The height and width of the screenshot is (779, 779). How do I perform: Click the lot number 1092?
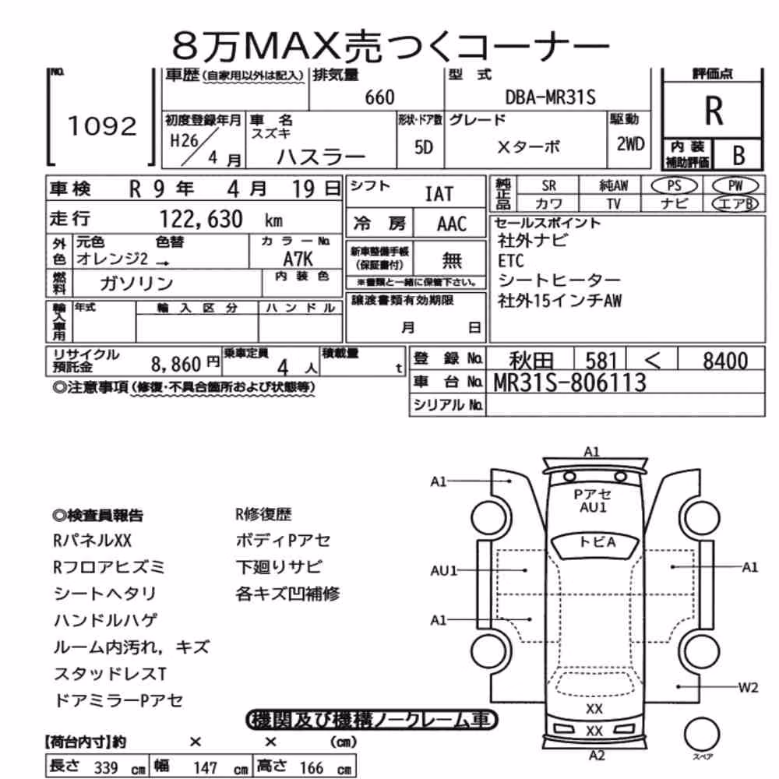tap(102, 125)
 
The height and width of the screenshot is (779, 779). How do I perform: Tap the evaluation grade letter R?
tap(714, 111)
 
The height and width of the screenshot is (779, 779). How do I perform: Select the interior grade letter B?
tap(738, 156)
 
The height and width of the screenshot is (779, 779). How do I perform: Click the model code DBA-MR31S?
tap(550, 97)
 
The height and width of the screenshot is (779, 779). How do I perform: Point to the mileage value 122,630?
tap(201, 219)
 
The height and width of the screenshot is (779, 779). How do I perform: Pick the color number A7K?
tap(298, 259)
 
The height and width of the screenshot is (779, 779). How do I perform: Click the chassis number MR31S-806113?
tap(570, 382)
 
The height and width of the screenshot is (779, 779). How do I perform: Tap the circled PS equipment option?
tap(674, 186)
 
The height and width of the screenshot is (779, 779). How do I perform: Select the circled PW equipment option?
tap(735, 186)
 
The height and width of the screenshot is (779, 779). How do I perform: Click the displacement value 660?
tap(379, 97)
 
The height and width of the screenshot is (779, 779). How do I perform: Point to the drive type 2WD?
tap(630, 144)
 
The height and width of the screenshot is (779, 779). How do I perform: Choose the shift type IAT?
tap(439, 194)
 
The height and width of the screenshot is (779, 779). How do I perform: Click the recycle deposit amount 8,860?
tap(176, 365)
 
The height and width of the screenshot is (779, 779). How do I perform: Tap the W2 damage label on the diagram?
tap(748, 688)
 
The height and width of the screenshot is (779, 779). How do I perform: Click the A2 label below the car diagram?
tap(597, 756)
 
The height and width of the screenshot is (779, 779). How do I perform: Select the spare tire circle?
tap(702, 734)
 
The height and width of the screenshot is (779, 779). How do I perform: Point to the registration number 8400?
tap(724, 361)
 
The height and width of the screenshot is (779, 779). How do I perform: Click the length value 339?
tap(106, 767)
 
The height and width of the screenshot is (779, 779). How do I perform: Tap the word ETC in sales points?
tap(511, 261)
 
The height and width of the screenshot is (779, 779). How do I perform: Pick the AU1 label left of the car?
tap(444, 570)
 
